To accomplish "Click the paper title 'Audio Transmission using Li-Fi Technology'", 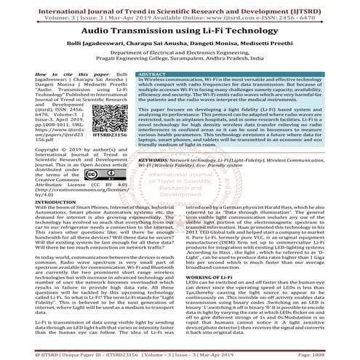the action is tap(180, 33).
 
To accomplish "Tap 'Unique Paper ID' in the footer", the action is tap(84, 351).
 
